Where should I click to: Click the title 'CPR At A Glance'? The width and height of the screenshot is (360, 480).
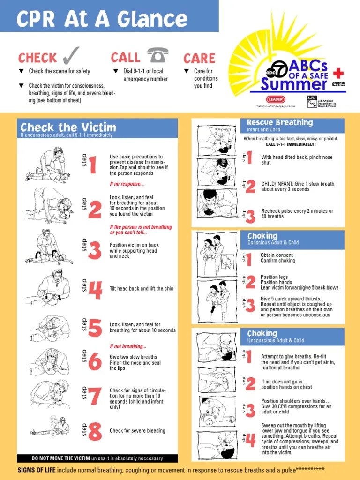(x=102, y=19)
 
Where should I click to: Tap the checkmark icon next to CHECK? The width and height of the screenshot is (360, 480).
(x=71, y=56)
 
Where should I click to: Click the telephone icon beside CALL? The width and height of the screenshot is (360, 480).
(x=158, y=56)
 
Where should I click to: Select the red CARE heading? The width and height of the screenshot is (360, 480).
(x=199, y=59)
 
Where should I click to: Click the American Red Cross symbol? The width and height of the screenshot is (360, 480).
(x=337, y=74)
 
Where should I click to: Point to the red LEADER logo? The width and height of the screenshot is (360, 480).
(x=275, y=99)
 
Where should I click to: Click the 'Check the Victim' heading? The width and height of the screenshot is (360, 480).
(x=68, y=127)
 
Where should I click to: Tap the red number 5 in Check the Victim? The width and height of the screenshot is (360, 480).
(x=95, y=328)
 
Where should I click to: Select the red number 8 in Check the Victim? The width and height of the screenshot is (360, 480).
(x=95, y=431)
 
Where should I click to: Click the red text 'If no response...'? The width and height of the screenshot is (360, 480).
(x=127, y=184)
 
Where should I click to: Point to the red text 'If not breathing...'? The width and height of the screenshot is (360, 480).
(x=128, y=346)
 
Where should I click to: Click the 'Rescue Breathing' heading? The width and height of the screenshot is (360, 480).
(x=280, y=123)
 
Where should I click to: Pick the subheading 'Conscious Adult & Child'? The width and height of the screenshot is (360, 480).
(x=273, y=243)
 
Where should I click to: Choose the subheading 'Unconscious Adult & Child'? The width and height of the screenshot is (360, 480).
(x=276, y=340)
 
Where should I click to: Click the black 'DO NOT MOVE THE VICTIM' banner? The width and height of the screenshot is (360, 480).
(x=97, y=458)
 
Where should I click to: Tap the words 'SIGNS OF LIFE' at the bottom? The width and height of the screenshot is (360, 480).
(x=37, y=470)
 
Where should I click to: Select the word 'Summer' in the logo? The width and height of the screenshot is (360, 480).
(x=294, y=84)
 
